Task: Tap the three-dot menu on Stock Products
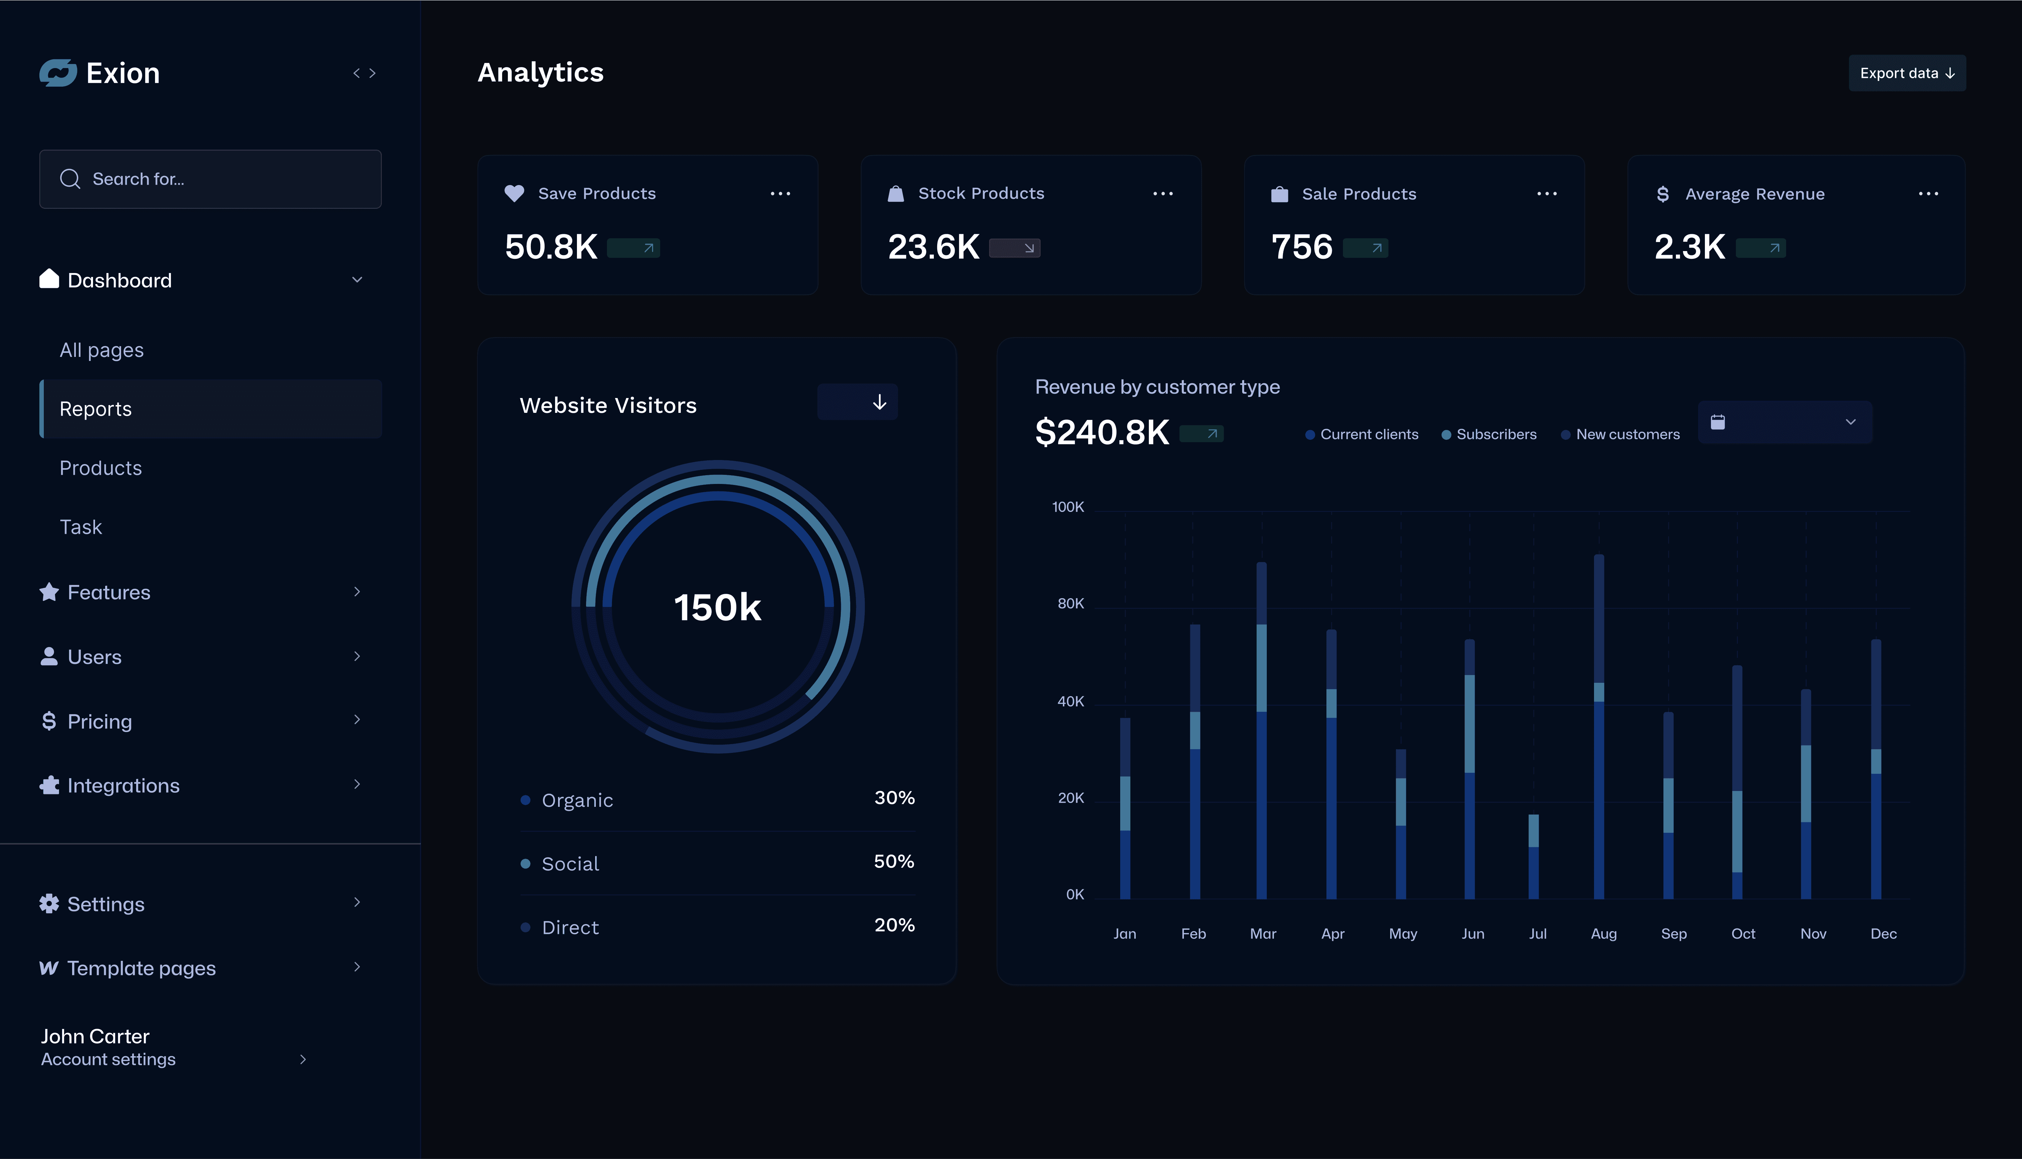pos(1163,193)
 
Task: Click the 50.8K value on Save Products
pos(551,247)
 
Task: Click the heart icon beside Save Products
pos(514,193)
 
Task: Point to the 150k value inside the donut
pos(717,607)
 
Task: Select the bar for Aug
pos(1599,726)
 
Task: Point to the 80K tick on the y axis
pos(1070,603)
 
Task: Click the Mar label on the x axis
pos(1263,934)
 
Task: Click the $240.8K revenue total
pos(1101,432)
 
